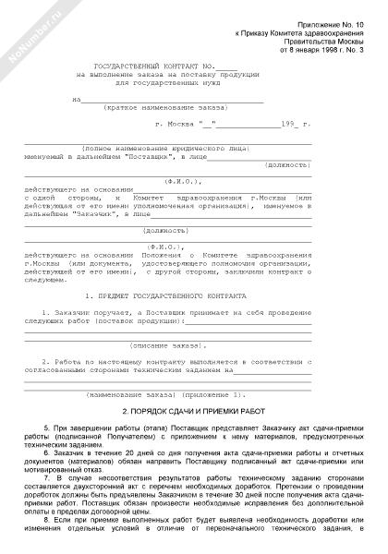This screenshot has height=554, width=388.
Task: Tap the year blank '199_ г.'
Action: click(293, 123)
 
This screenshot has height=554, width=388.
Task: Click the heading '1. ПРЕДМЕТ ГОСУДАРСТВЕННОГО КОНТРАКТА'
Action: click(164, 295)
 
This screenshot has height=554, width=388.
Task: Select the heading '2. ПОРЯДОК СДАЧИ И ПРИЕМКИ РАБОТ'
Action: click(194, 411)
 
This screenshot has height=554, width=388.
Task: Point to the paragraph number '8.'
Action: click(56, 536)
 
